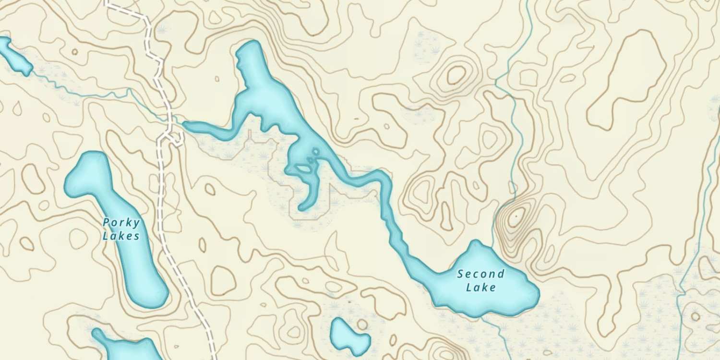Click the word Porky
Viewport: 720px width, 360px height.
coord(121,223)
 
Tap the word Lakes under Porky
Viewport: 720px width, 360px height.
coord(121,236)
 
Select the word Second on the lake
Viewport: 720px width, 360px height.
coord(480,275)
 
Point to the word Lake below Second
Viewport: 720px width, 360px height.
coord(481,288)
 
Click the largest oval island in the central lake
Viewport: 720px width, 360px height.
coord(302,168)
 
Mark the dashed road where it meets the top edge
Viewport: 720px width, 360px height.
coord(107,2)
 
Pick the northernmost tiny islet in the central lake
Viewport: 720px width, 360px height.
coord(315,152)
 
